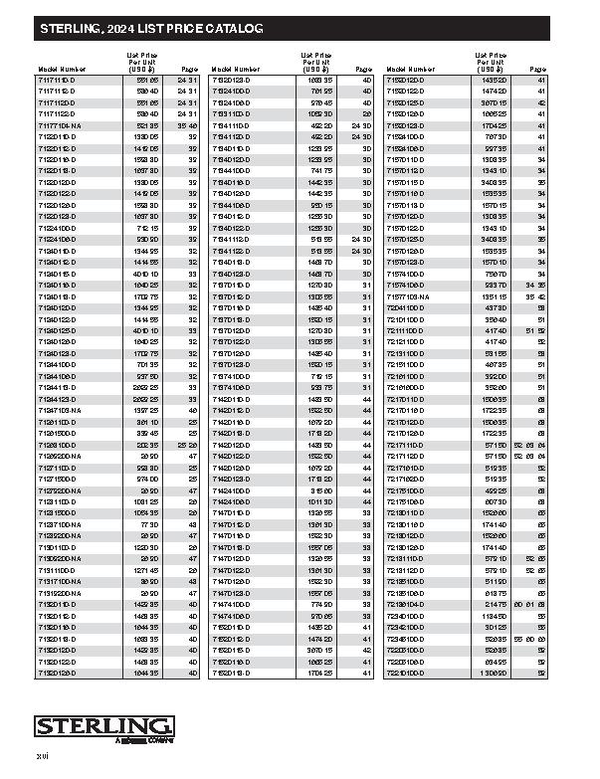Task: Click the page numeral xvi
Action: (43, 760)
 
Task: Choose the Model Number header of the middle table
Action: (236, 70)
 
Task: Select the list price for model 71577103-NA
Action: (494, 296)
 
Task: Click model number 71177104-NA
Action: (63, 126)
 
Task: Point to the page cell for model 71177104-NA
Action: (188, 126)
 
